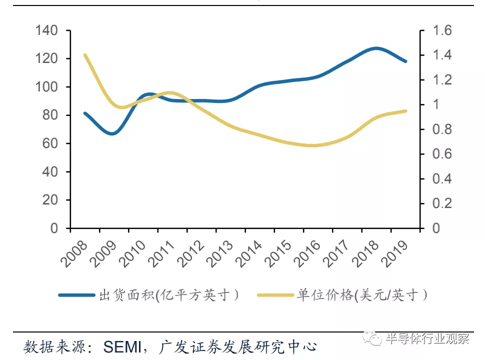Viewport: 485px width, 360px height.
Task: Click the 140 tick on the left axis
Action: click(47, 31)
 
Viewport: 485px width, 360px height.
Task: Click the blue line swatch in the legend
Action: click(76, 295)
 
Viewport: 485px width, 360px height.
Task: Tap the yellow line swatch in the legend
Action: click(275, 295)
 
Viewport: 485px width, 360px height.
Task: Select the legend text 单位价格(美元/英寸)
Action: click(362, 295)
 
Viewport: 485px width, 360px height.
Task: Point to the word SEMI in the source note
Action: click(123, 346)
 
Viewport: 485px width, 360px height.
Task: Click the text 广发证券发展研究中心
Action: click(238, 346)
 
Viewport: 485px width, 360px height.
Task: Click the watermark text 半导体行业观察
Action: click(427, 339)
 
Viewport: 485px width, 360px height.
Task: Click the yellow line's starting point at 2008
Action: click(85, 55)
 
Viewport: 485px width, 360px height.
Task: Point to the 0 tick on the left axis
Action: click(54, 228)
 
